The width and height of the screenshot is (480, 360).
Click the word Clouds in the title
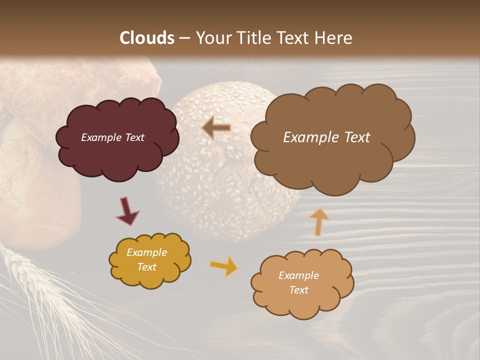tap(147, 38)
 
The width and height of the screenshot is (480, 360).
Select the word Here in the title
tap(334, 38)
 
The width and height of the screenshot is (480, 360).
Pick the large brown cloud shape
tap(332, 165)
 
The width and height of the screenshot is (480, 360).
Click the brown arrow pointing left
tap(216, 127)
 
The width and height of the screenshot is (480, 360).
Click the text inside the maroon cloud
tap(112, 137)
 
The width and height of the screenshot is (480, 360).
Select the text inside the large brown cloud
tap(326, 137)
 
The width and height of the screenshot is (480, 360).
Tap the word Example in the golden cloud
tap(146, 252)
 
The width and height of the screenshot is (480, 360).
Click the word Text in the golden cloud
tap(146, 267)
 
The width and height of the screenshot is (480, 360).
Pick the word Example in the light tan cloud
tap(298, 275)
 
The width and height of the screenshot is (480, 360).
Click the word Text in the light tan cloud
tap(298, 290)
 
